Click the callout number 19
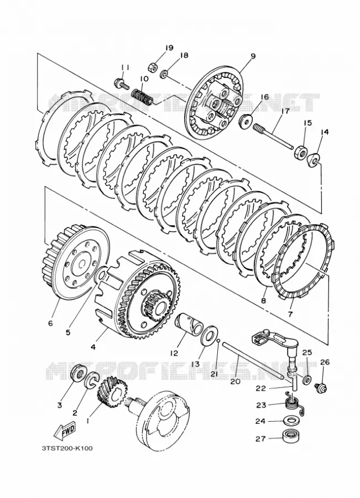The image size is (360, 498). coord(169,48)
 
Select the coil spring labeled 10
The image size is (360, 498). coord(143,96)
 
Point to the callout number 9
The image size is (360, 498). coord(253,56)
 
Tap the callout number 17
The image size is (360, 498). coord(284,111)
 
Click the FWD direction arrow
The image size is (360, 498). coord(64,432)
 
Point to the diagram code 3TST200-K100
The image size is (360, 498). coord(67,448)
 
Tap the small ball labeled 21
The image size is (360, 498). coord(218,340)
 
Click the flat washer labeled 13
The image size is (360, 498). coord(208,334)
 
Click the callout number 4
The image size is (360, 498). coord(93,347)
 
